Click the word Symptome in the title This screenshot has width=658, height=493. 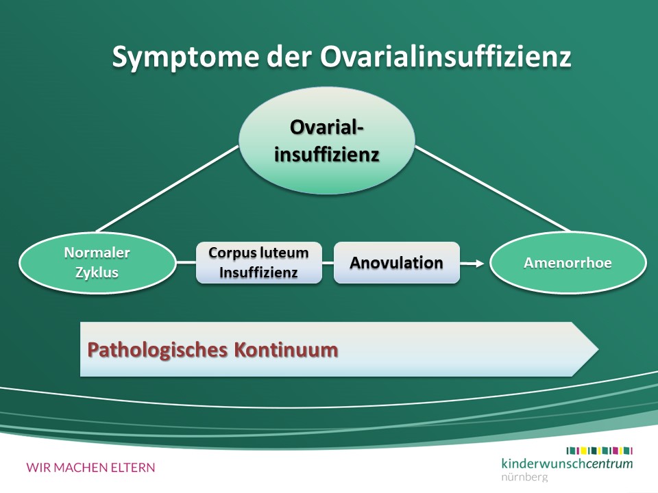click(x=185, y=57)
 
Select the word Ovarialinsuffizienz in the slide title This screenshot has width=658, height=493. click(x=446, y=56)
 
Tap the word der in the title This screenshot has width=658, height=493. click(x=289, y=56)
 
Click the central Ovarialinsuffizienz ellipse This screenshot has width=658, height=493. click(x=326, y=140)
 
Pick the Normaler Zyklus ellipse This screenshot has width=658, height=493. click(x=97, y=263)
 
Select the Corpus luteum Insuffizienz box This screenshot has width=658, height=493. click(x=259, y=263)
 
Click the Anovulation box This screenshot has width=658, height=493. click(x=397, y=263)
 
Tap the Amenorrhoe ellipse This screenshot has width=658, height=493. click(x=568, y=263)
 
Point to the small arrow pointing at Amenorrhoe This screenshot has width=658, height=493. click(x=472, y=263)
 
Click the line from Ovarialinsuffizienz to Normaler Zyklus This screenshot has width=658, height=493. click(x=167, y=189)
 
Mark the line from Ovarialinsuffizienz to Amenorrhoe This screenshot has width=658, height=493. click(x=493, y=189)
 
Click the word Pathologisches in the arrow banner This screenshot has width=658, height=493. click(x=157, y=351)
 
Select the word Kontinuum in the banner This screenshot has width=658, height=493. click(x=286, y=350)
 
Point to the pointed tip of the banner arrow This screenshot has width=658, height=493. click(x=598, y=349)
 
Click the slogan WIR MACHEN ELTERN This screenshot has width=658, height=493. click(x=90, y=468)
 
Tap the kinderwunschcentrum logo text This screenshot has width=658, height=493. click(x=567, y=464)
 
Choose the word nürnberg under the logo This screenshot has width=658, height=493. click(x=524, y=477)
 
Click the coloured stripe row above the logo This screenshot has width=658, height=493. click(x=599, y=451)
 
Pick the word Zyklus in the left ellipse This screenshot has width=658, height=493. click(x=97, y=273)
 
